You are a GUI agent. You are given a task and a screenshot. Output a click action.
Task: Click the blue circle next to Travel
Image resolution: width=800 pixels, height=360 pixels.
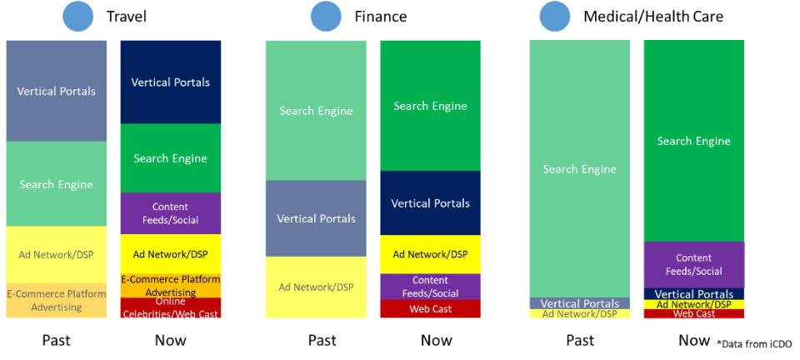click(x=77, y=17)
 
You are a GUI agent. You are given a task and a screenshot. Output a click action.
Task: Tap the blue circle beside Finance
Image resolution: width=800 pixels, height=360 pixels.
click(x=326, y=17)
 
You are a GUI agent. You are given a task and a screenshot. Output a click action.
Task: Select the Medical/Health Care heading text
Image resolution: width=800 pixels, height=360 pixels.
click(x=653, y=17)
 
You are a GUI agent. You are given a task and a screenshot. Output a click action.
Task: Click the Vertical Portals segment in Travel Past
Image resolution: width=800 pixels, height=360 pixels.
click(x=56, y=91)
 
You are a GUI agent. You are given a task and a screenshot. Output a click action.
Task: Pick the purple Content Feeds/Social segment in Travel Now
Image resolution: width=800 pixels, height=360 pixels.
click(x=170, y=213)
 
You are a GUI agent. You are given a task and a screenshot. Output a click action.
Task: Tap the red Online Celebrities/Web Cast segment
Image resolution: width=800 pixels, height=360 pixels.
click(x=170, y=308)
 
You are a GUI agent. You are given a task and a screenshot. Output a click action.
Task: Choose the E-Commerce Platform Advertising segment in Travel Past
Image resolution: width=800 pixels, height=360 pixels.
click(x=56, y=300)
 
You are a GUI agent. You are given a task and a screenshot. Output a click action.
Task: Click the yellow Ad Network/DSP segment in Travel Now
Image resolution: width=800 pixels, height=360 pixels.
click(x=170, y=254)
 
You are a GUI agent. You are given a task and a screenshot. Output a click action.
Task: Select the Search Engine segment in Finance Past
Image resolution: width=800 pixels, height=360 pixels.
click(x=316, y=110)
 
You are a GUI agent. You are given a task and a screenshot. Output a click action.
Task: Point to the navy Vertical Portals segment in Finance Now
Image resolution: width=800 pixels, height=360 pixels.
click(x=430, y=203)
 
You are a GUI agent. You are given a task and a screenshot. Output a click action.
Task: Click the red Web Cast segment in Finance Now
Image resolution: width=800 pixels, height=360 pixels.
click(x=430, y=308)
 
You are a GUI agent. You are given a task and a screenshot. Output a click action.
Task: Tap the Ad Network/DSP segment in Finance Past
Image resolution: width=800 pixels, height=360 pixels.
click(x=316, y=287)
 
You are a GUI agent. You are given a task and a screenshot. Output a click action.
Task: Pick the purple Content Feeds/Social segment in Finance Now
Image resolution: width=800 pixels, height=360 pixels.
click(x=430, y=287)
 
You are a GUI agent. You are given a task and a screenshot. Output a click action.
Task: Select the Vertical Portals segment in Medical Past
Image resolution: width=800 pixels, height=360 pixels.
click(x=580, y=303)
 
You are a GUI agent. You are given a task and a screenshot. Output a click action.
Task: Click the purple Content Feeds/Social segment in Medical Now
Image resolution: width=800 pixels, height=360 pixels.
click(x=694, y=265)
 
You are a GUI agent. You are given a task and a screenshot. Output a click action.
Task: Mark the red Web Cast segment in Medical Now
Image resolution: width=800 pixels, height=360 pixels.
click(x=694, y=313)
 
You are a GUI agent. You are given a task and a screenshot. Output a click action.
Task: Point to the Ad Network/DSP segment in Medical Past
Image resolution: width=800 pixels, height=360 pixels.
click(x=580, y=313)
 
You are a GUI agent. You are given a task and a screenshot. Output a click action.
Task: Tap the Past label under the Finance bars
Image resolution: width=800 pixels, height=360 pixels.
click(x=322, y=340)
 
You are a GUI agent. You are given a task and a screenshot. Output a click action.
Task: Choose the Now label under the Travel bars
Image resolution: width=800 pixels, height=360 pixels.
click(x=170, y=340)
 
